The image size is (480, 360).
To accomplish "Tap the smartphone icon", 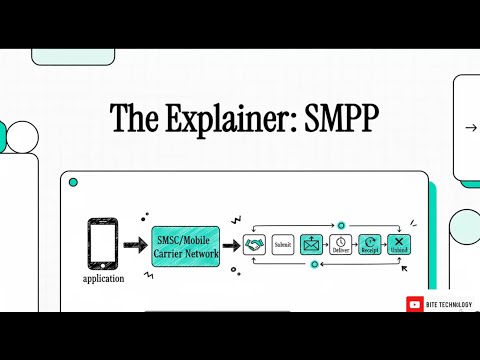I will (x=103, y=244).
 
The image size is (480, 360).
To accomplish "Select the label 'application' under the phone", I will (x=103, y=278).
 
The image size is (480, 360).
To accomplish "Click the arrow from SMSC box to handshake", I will (x=229, y=244).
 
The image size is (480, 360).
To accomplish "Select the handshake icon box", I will (x=254, y=244).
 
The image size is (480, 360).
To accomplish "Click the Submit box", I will (x=283, y=244).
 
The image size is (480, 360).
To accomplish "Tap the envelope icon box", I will (x=312, y=244).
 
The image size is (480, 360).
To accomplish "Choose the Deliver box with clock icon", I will (x=341, y=244).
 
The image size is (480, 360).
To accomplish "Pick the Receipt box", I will (x=370, y=244).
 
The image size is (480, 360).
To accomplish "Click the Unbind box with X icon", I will (x=399, y=244).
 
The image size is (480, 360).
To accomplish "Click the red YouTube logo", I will (x=414, y=304).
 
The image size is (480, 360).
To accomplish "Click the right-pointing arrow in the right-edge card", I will (x=471, y=128).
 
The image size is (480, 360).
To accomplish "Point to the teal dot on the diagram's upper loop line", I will (x=341, y=225).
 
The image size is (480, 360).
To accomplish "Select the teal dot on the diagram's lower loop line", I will (x=314, y=264).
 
